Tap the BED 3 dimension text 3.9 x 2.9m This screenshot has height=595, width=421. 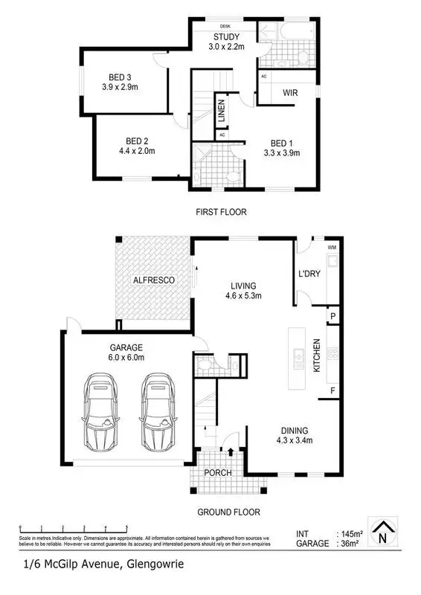pos(119,86)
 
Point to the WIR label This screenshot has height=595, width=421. pos(291,94)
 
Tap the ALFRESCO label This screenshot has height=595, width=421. pos(153,280)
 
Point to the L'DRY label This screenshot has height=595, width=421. pos(309,274)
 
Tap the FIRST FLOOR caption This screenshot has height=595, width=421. pos(221,212)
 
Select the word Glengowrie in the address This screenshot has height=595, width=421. pos(152,565)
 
